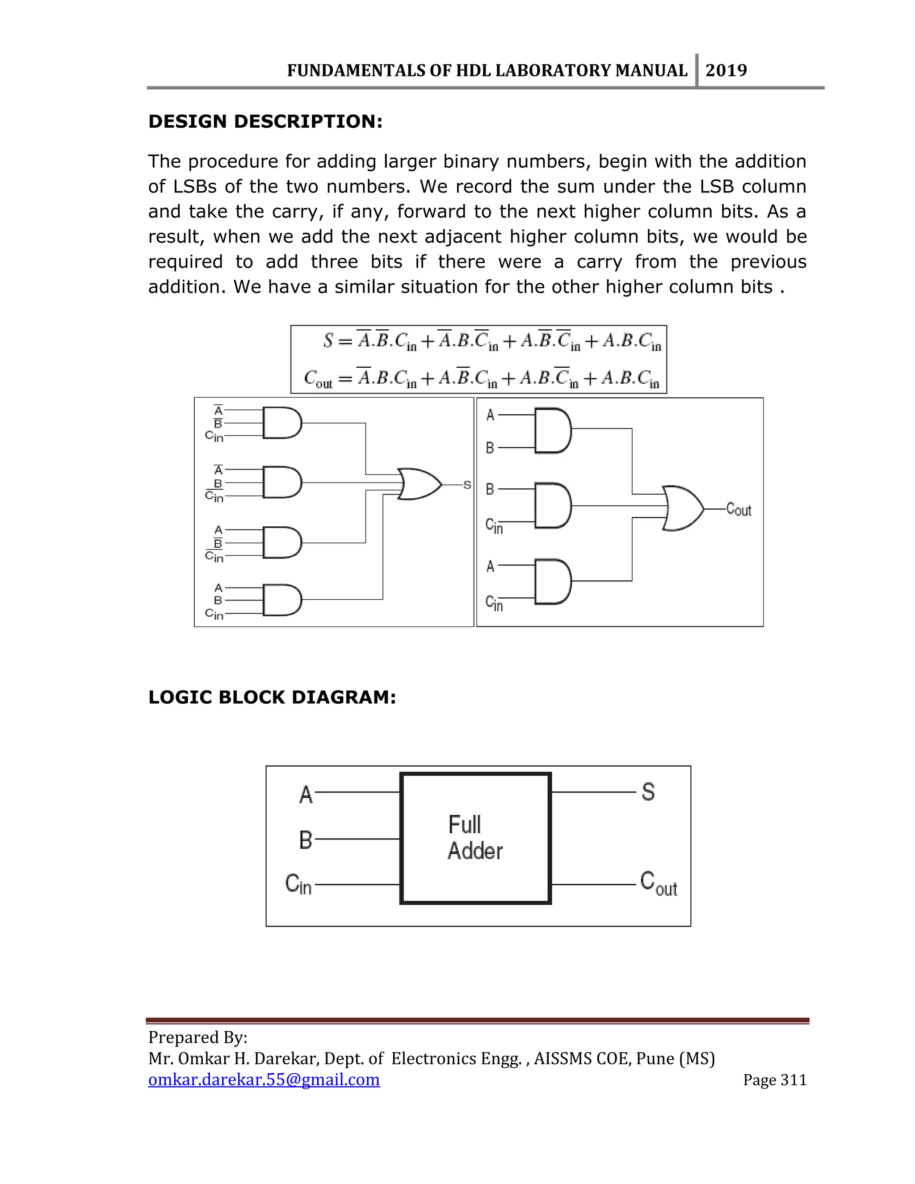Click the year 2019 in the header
pyautogui.click(x=726, y=71)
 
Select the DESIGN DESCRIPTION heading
pyautogui.click(x=265, y=122)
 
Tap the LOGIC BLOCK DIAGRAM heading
pyautogui.click(x=272, y=697)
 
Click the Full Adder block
pyautogui.click(x=475, y=838)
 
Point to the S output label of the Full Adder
pyautogui.click(x=648, y=792)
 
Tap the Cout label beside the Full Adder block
pyautogui.click(x=658, y=883)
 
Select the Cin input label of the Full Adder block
pyautogui.click(x=298, y=884)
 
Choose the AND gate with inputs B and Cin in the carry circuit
pyautogui.click(x=552, y=506)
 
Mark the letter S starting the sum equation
pyautogui.click(x=328, y=340)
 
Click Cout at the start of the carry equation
pyautogui.click(x=318, y=378)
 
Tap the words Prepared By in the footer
pyautogui.click(x=198, y=1037)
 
